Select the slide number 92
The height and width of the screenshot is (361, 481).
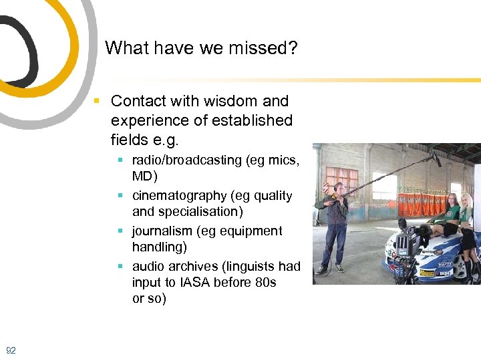[11, 350]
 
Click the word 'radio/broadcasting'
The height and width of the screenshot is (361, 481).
[187, 160]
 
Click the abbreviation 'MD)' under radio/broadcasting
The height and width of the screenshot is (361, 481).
[144, 176]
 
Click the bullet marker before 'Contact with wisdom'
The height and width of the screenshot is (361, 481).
[98, 102]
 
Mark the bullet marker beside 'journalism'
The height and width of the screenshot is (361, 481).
[120, 231]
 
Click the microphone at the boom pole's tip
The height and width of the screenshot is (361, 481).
[436, 158]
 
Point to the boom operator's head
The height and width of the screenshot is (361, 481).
[339, 187]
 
